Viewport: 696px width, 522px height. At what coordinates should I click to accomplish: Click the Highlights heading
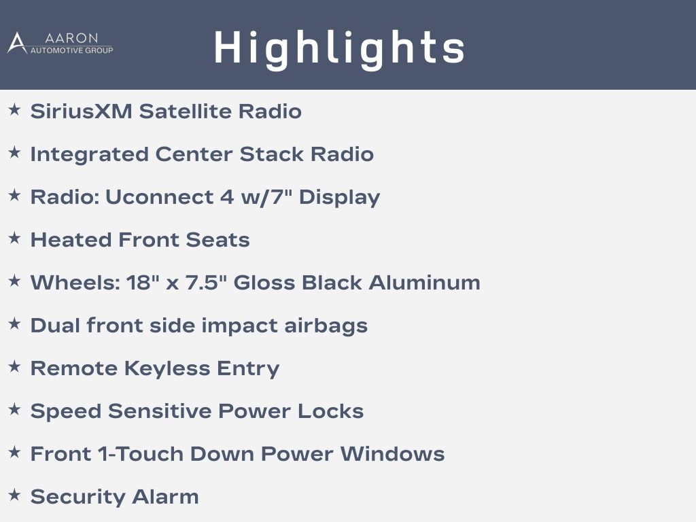pyautogui.click(x=340, y=48)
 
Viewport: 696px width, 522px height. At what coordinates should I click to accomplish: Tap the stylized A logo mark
pyautogui.click(x=17, y=43)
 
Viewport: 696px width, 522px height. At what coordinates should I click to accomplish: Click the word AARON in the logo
pyautogui.click(x=71, y=38)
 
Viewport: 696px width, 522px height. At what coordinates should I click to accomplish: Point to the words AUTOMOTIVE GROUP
pyautogui.click(x=71, y=50)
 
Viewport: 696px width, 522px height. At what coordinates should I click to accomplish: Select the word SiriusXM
pyautogui.click(x=82, y=111)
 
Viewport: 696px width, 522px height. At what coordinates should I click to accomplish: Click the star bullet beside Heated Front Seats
pyautogui.click(x=15, y=238)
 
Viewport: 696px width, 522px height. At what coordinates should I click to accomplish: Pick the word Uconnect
pyautogui.click(x=159, y=196)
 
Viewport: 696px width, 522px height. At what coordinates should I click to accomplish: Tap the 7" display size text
pyautogui.click(x=280, y=196)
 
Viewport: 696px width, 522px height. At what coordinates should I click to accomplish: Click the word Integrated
pyautogui.click(x=89, y=154)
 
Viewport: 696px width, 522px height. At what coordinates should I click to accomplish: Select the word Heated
pyautogui.click(x=71, y=240)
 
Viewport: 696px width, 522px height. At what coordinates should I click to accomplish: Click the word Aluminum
pyautogui.click(x=424, y=282)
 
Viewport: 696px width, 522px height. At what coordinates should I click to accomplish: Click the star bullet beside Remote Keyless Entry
pyautogui.click(x=15, y=366)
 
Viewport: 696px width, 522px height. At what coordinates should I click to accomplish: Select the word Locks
pyautogui.click(x=330, y=411)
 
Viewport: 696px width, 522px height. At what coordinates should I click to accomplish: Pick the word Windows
pyautogui.click(x=392, y=453)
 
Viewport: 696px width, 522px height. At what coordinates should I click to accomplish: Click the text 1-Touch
pyautogui.click(x=140, y=453)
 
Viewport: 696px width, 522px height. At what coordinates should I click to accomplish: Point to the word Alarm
pyautogui.click(x=165, y=497)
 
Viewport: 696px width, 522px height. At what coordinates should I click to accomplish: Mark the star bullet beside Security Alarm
pyautogui.click(x=15, y=495)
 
